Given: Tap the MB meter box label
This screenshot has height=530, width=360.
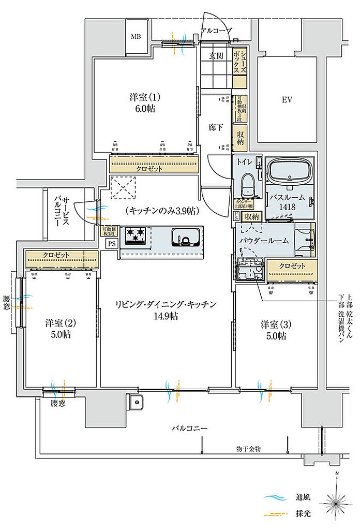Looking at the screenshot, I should coord(136,36).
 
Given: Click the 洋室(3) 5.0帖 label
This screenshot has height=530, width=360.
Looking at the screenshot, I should coord(273,330).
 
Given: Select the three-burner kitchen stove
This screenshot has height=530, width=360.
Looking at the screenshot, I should coord(136,236).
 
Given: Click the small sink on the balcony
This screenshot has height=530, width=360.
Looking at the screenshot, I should coord(136,402).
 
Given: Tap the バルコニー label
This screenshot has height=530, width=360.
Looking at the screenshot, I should coord(190,429).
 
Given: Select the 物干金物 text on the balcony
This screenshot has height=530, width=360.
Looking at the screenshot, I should coord(248,449).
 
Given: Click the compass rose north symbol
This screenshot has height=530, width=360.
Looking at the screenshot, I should coord(336,500).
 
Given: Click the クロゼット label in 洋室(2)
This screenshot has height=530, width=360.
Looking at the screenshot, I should coord(57,255).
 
